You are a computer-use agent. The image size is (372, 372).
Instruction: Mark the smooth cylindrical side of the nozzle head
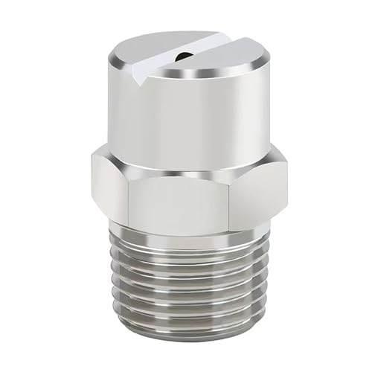pos(186,119)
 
